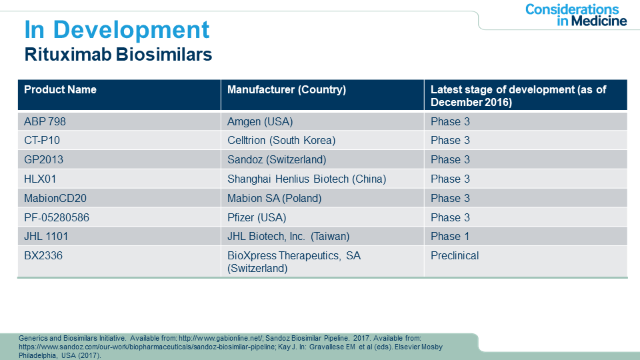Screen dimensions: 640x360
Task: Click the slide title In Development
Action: pyautogui.click(x=117, y=30)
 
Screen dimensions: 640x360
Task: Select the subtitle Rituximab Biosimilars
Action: pyautogui.click(x=119, y=54)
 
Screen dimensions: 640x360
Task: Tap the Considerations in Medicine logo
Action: pyautogui.click(x=576, y=15)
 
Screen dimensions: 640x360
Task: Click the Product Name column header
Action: pyautogui.click(x=61, y=90)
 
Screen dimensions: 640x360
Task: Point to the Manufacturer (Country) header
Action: pyautogui.click(x=287, y=90)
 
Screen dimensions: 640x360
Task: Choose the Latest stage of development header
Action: pyautogui.click(x=519, y=95)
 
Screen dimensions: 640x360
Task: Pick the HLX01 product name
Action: pyautogui.click(x=40, y=179)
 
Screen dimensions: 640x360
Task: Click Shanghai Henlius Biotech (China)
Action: pyautogui.click(x=307, y=179)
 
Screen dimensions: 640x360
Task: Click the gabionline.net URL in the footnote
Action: pyautogui.click(x=221, y=339)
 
